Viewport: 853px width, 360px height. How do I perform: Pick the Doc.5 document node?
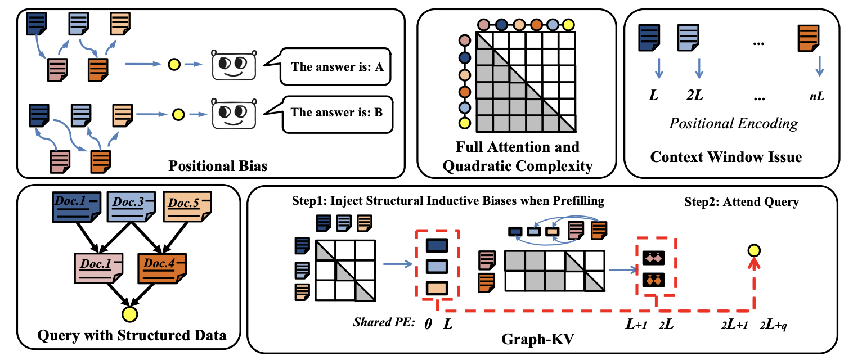tap(187, 205)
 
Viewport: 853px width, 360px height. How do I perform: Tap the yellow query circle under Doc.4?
tap(130, 314)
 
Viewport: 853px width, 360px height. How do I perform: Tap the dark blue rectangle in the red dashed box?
tap(437, 246)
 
